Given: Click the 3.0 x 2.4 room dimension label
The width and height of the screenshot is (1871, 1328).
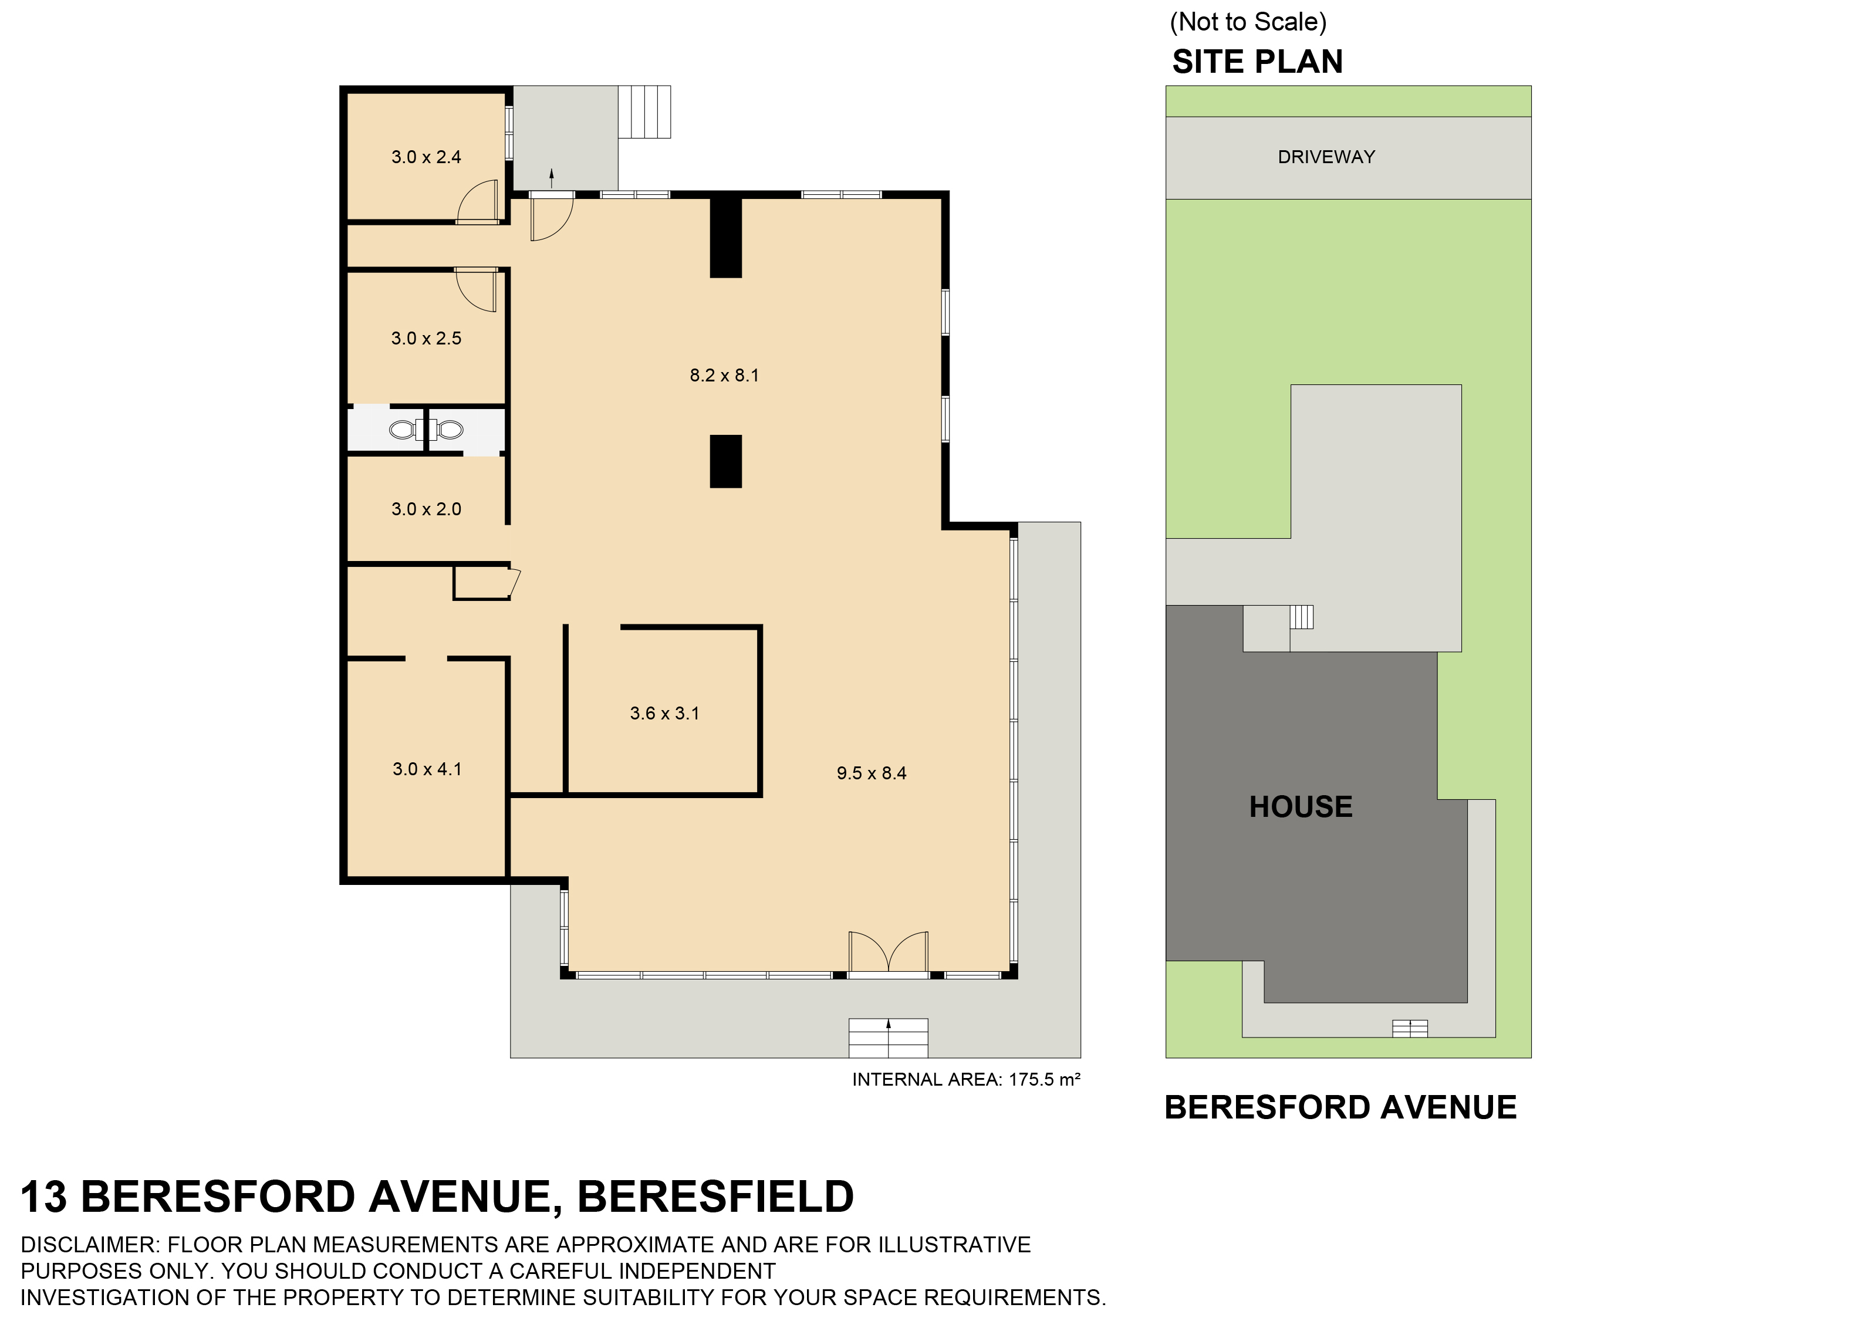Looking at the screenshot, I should (426, 157).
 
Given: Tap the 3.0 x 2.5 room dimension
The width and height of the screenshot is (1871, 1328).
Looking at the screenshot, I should (426, 339).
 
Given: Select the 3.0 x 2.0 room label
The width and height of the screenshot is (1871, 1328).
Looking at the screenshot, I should (426, 509).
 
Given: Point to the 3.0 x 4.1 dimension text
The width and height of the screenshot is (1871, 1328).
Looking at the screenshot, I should (427, 769).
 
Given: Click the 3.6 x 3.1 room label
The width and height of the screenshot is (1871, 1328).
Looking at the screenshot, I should (664, 714).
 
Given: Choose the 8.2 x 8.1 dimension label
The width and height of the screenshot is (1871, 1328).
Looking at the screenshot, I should (724, 376).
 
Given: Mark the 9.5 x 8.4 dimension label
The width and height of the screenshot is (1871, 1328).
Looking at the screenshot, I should (871, 773).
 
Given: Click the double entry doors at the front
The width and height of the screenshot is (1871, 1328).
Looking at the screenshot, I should (888, 952).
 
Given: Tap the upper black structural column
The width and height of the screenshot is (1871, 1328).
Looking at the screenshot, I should (725, 237).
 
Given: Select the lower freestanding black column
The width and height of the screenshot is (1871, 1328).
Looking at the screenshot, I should (725, 461).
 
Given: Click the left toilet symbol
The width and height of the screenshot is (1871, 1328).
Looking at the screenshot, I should (403, 430).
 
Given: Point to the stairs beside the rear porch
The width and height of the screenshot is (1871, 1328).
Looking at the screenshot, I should (644, 111).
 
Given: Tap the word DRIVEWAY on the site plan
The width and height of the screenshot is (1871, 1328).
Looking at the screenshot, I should (1326, 157).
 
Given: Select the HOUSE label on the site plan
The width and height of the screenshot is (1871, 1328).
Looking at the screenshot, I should (1300, 807).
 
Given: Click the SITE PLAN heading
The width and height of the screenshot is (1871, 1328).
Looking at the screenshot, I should (1257, 62).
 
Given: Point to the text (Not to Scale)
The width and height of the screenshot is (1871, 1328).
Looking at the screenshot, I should (1248, 22).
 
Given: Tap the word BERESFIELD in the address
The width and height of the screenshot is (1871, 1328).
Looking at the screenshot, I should (715, 1197).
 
